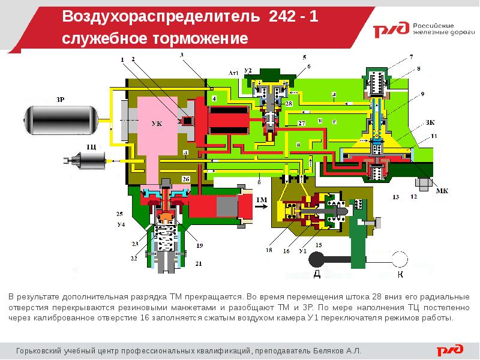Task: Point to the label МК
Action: (442, 191)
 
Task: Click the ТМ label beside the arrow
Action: (262, 199)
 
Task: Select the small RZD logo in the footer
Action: (450, 349)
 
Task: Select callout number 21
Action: (199, 264)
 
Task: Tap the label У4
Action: (121, 225)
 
